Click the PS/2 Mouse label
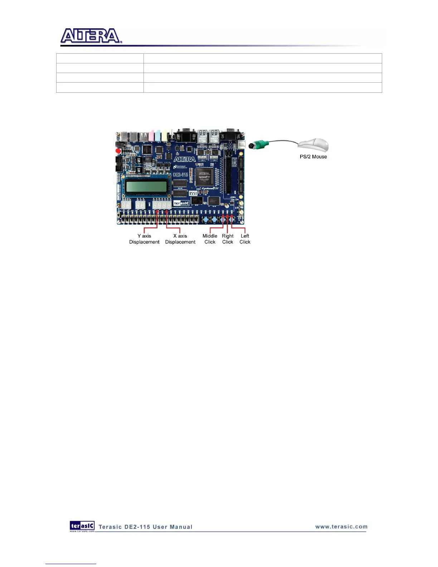pos(313,157)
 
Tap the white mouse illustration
pos(314,145)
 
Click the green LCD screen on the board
pos(146,186)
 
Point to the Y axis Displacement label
pos(144,239)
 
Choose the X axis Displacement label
pos(180,239)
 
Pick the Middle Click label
pos(210,239)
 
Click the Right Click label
pos(228,239)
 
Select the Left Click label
pos(245,239)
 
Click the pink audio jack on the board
pos(151,136)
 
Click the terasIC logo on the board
pos(181,203)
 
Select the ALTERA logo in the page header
pos(91,36)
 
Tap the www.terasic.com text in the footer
pos(341,527)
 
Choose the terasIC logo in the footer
pos(82,526)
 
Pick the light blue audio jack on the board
pos(158,136)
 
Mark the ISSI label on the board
pos(193,193)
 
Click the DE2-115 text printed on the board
pos(181,174)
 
